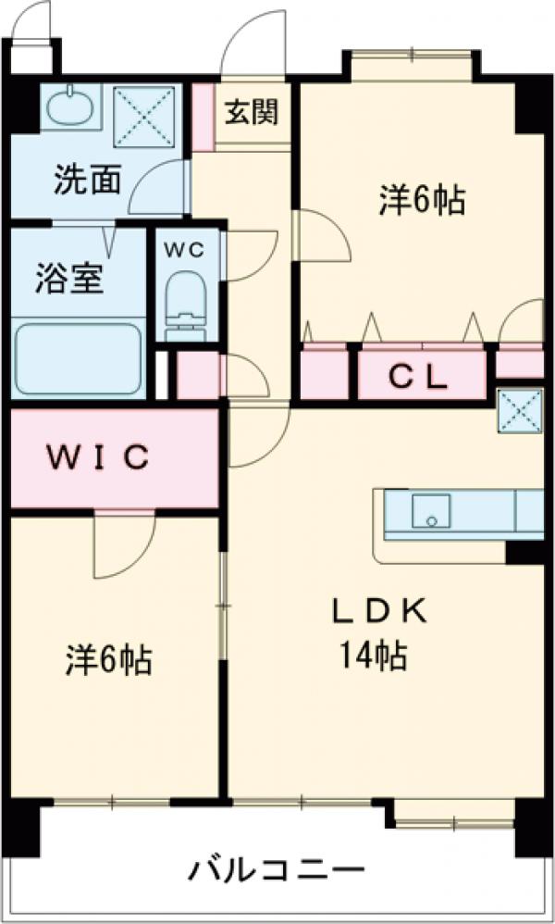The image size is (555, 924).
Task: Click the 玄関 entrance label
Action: tap(251, 115)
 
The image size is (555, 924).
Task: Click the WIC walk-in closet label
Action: tap(98, 457)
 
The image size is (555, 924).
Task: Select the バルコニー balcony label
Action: tap(277, 871)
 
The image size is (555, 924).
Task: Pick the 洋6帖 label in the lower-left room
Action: tap(109, 661)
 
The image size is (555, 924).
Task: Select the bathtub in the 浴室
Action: tap(77, 358)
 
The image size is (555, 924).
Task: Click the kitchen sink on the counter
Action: tap(431, 511)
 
